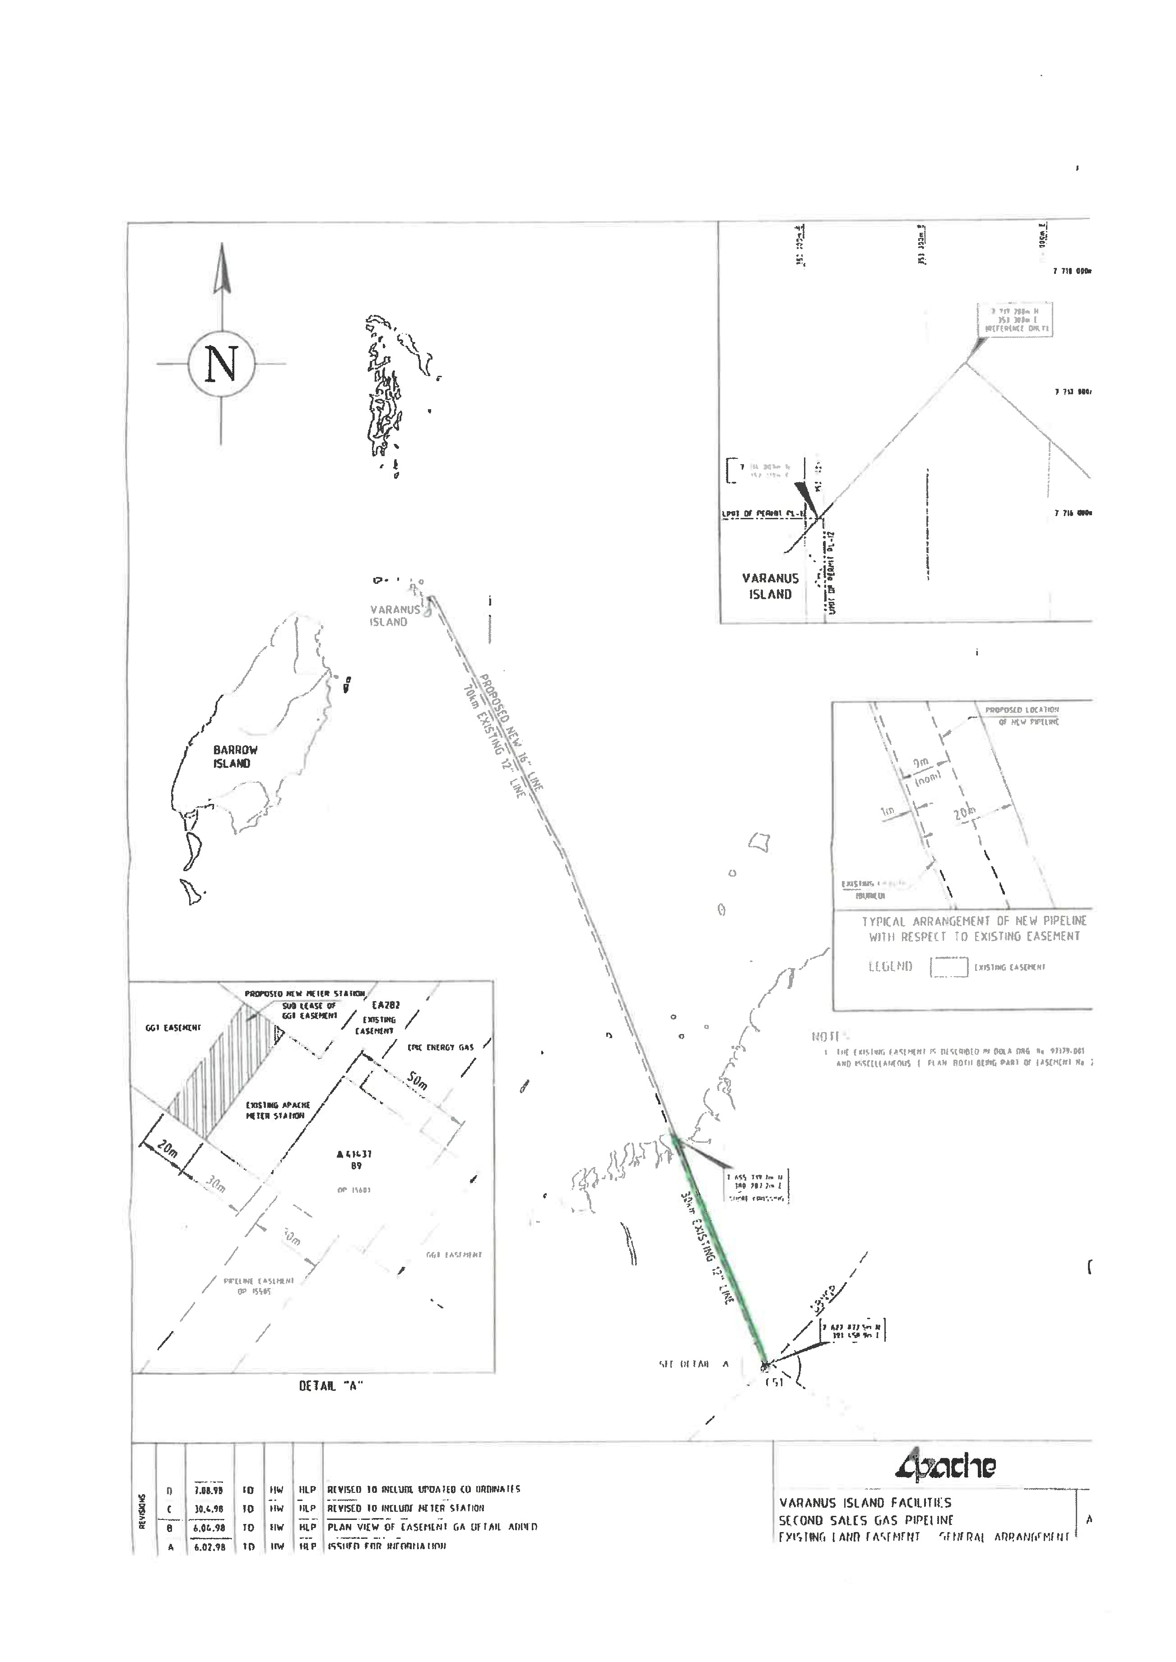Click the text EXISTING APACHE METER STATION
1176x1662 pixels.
tap(277, 1110)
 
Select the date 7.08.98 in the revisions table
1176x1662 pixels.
tap(209, 1491)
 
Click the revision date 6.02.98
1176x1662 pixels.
tap(209, 1546)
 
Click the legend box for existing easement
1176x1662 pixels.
tap(948, 967)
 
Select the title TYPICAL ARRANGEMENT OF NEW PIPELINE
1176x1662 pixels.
tap(974, 922)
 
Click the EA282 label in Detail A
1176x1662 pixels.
tap(386, 1006)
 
